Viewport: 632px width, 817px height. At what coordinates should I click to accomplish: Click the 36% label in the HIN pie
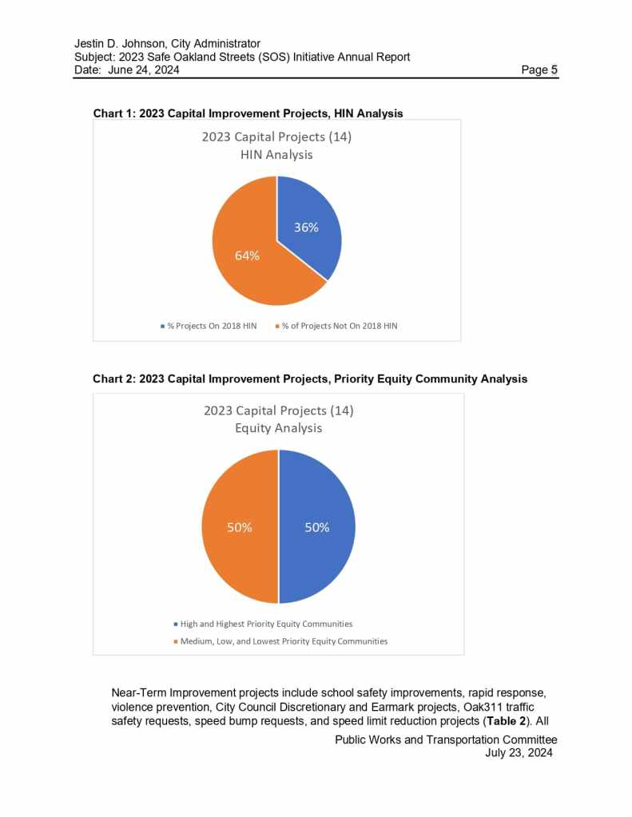pos(306,228)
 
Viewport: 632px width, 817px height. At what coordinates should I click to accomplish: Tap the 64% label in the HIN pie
pos(247,256)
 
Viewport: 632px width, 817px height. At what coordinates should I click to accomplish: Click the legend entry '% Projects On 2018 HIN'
pos(211,327)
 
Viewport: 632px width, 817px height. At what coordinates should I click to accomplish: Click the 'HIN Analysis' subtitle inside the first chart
pos(276,155)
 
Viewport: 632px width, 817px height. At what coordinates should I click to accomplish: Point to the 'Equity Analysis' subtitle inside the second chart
pos(278,428)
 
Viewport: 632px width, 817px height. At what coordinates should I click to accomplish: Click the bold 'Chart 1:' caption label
pos(114,113)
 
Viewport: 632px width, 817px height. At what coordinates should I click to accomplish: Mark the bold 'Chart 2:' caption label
pos(114,379)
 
